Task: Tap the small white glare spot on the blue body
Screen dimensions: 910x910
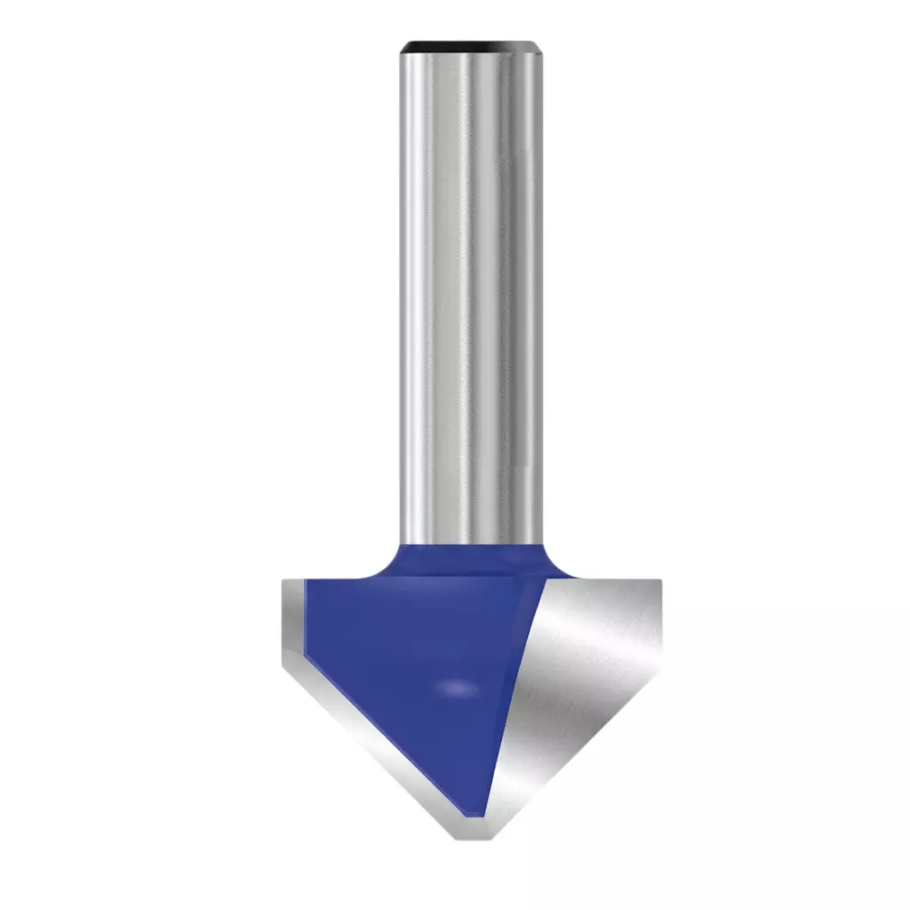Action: tap(457, 688)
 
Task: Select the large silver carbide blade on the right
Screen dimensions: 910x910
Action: tap(587, 675)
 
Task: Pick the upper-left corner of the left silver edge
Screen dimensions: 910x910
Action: tap(284, 581)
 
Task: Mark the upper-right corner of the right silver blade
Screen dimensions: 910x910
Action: tap(659, 582)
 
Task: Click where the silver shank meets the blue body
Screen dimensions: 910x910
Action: tap(471, 544)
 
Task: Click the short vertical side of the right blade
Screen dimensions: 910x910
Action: tap(659, 622)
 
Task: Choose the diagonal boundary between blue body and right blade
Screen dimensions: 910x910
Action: tap(515, 693)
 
